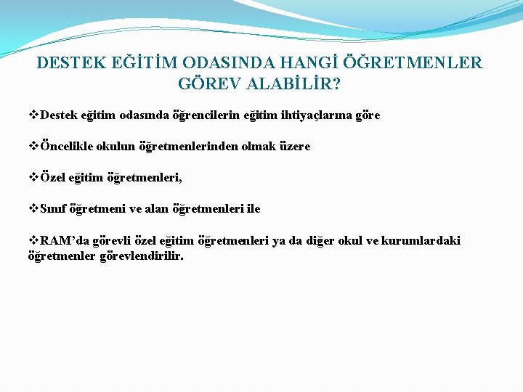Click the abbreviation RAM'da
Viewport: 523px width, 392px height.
(62, 241)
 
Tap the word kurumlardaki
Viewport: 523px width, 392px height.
(425, 241)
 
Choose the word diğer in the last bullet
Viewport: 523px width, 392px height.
(325, 241)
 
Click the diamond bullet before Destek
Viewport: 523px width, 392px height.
(33, 115)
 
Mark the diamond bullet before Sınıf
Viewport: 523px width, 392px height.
(33, 209)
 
